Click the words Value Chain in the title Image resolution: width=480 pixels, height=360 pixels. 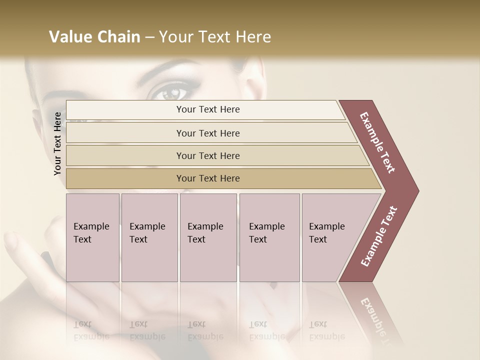pyautogui.click(x=94, y=37)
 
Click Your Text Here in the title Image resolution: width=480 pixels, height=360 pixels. pyautogui.click(x=215, y=37)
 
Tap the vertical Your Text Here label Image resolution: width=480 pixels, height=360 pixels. pyautogui.click(x=57, y=143)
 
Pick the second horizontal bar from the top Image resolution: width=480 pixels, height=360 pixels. pyautogui.click(x=208, y=133)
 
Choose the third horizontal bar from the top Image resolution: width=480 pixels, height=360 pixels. pyautogui.click(x=208, y=155)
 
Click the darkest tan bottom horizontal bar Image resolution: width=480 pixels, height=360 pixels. pyautogui.click(x=208, y=178)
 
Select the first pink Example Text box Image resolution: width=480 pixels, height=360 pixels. pyautogui.click(x=92, y=237)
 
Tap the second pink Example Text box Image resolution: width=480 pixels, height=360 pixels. pyautogui.click(x=149, y=237)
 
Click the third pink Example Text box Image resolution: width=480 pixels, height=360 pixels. pyautogui.click(x=208, y=237)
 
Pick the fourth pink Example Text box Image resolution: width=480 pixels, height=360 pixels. pyautogui.click(x=269, y=237)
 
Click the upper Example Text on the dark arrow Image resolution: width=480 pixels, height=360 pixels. pyautogui.click(x=378, y=142)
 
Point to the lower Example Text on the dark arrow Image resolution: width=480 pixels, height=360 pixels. pyautogui.click(x=379, y=236)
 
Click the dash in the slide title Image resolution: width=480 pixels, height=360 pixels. pyautogui.click(x=149, y=37)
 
